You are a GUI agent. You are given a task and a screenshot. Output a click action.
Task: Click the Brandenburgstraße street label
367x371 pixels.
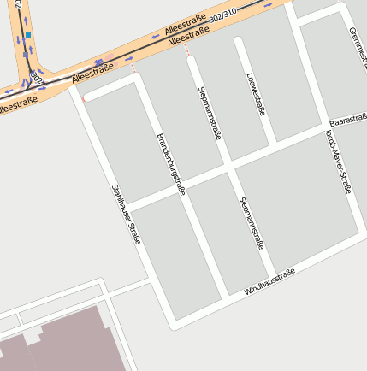click(170, 165)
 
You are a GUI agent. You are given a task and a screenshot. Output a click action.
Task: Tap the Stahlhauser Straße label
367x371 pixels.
click(126, 215)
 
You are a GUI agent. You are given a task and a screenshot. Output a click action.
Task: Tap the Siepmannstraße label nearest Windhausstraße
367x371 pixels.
click(251, 222)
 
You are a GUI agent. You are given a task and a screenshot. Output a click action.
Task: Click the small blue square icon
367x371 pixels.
click(28, 36)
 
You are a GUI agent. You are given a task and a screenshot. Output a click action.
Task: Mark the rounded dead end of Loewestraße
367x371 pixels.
click(240, 41)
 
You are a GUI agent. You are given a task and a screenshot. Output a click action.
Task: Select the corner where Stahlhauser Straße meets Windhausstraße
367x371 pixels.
click(175, 323)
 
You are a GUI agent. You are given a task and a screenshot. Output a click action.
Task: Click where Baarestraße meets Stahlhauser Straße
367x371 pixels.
click(127, 205)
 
